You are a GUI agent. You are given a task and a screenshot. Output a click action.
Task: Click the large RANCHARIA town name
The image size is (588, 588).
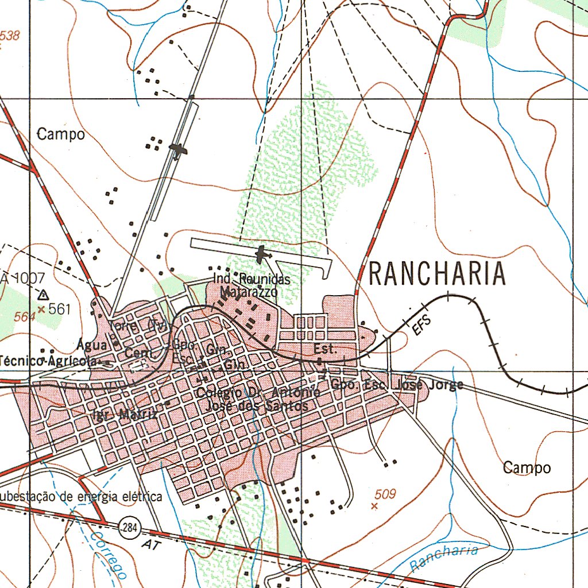437,274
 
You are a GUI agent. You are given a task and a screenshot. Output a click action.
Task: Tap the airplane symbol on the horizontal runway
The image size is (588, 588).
263,253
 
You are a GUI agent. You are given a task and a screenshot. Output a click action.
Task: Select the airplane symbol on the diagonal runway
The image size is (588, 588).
179,150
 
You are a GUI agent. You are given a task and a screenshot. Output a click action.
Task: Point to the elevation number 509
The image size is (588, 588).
385,493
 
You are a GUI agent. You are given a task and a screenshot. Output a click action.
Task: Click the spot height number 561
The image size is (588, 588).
59,310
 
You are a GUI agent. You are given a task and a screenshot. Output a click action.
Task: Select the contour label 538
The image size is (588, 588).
10,36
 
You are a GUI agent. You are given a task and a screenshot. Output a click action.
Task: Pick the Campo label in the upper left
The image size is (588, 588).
61,135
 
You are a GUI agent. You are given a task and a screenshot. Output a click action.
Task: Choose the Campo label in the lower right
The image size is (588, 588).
527,468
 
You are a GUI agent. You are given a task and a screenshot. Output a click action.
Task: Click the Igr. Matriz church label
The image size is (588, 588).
124,415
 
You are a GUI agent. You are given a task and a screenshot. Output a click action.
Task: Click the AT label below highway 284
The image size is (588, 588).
151,543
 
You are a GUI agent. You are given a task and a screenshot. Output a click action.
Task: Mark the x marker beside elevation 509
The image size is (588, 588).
374,506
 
